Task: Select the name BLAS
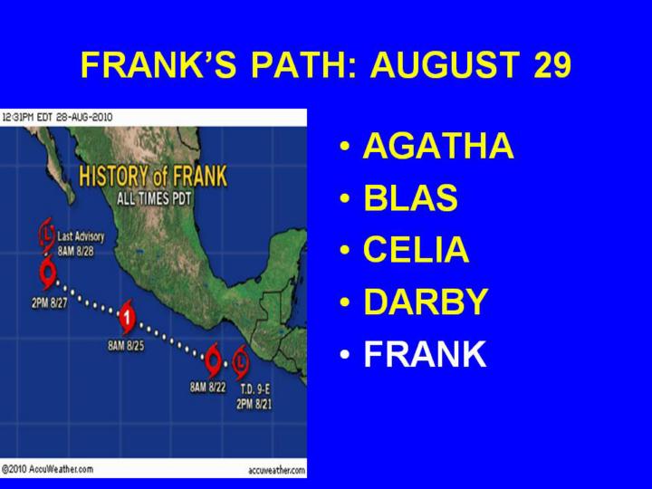point(410,197)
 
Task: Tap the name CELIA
point(417,249)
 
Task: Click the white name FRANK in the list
point(425,353)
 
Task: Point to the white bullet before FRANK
point(345,355)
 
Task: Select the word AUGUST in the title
point(445,64)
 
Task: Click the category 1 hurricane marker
point(127,318)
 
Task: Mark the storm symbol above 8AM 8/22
point(213,359)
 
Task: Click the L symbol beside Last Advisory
point(47,235)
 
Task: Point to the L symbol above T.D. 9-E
point(240,361)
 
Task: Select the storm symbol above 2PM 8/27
point(48,273)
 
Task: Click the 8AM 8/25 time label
point(126,346)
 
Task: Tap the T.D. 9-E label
point(254,389)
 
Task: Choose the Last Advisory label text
point(81,236)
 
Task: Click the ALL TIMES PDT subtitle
point(154,198)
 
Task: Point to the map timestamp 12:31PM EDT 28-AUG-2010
point(57,117)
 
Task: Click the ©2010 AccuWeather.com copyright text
point(47,469)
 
